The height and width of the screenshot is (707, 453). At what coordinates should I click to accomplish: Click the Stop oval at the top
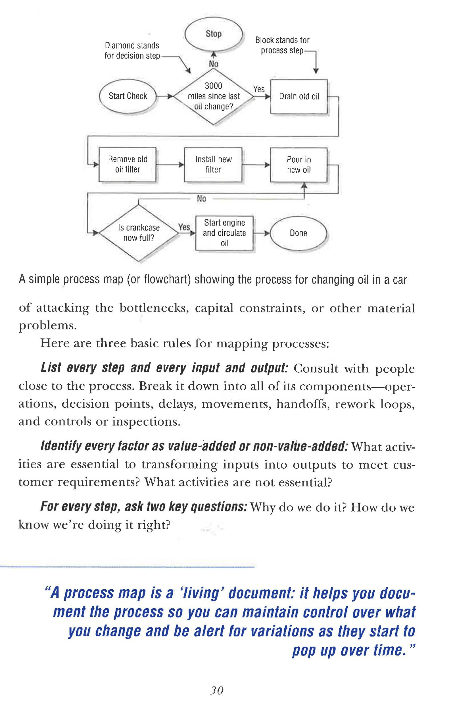click(x=214, y=34)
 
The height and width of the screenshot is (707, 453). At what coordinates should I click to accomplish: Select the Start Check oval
click(x=128, y=96)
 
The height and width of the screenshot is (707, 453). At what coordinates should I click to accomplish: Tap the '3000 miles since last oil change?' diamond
click(x=214, y=97)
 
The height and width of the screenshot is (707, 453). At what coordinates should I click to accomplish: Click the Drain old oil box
click(x=299, y=97)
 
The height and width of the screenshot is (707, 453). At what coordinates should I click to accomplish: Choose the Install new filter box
click(x=213, y=165)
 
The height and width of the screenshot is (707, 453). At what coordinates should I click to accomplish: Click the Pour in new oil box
click(x=298, y=165)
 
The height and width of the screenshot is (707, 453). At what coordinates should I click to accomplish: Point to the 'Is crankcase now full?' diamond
click(x=139, y=233)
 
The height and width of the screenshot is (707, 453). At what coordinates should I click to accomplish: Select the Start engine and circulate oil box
click(x=224, y=233)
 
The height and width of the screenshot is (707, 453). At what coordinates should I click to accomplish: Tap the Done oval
click(x=298, y=233)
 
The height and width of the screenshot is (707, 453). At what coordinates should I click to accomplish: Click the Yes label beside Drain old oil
click(x=259, y=89)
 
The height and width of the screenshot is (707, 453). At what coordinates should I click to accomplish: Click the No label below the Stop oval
click(x=214, y=64)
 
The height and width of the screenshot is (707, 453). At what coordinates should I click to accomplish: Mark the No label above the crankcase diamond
click(x=201, y=199)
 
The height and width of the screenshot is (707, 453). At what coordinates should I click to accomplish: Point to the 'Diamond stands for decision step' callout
click(x=132, y=51)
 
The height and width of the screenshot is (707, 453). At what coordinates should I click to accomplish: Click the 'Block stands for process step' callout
click(x=282, y=45)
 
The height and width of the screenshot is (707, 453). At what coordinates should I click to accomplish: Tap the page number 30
click(x=217, y=690)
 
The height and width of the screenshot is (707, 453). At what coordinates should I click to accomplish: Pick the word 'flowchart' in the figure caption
click(x=167, y=280)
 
